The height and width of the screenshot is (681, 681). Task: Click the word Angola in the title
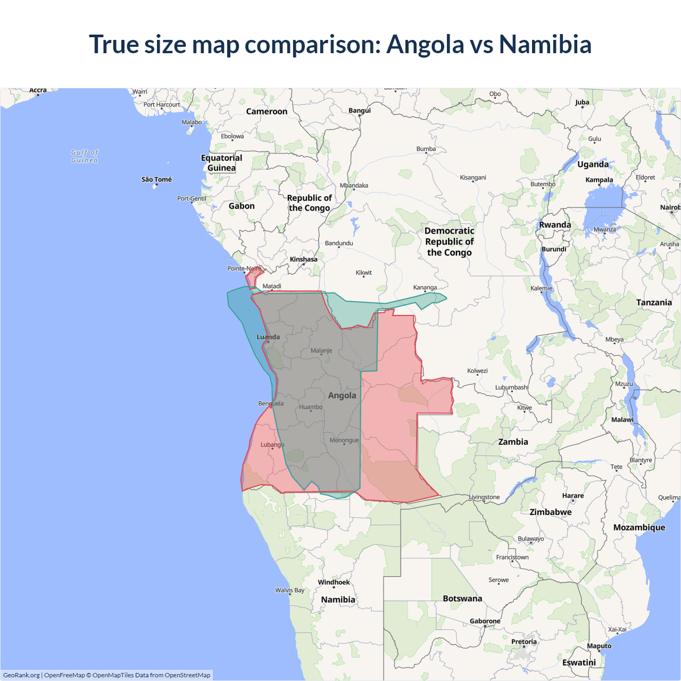coord(425,44)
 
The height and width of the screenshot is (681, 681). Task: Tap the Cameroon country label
coord(267,111)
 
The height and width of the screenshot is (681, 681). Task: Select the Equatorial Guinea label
coord(221,163)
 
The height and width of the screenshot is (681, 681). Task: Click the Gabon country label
coord(242,206)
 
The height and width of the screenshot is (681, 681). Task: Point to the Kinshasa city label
coord(303,259)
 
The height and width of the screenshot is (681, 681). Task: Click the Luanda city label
coord(268,337)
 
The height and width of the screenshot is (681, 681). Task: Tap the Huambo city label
coord(311,407)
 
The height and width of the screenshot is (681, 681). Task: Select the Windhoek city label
coord(334,582)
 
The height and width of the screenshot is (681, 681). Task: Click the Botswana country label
coord(462,599)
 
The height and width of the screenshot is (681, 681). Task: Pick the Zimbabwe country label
coord(551,512)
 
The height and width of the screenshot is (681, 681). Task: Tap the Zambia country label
coord(513,442)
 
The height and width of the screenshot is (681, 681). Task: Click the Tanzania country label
coord(654,302)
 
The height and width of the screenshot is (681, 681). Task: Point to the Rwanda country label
coord(555,225)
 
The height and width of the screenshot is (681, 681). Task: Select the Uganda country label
coord(593,164)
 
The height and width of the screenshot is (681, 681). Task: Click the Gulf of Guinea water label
coord(85,156)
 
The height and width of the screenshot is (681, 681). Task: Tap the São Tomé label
coord(156,179)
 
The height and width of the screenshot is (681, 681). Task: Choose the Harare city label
coord(573,495)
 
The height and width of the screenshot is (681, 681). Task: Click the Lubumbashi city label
coord(511,387)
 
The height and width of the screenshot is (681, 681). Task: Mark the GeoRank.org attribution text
coord(21,675)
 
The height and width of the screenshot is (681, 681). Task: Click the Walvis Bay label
coord(289,590)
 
